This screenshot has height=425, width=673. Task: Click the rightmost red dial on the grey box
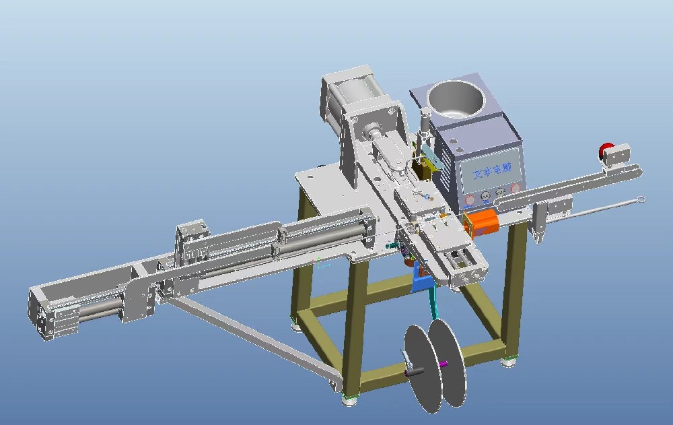pos(516,189)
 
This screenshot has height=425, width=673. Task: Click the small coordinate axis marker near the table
pos(323,263)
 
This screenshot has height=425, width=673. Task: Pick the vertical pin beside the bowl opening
pos(425,121)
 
